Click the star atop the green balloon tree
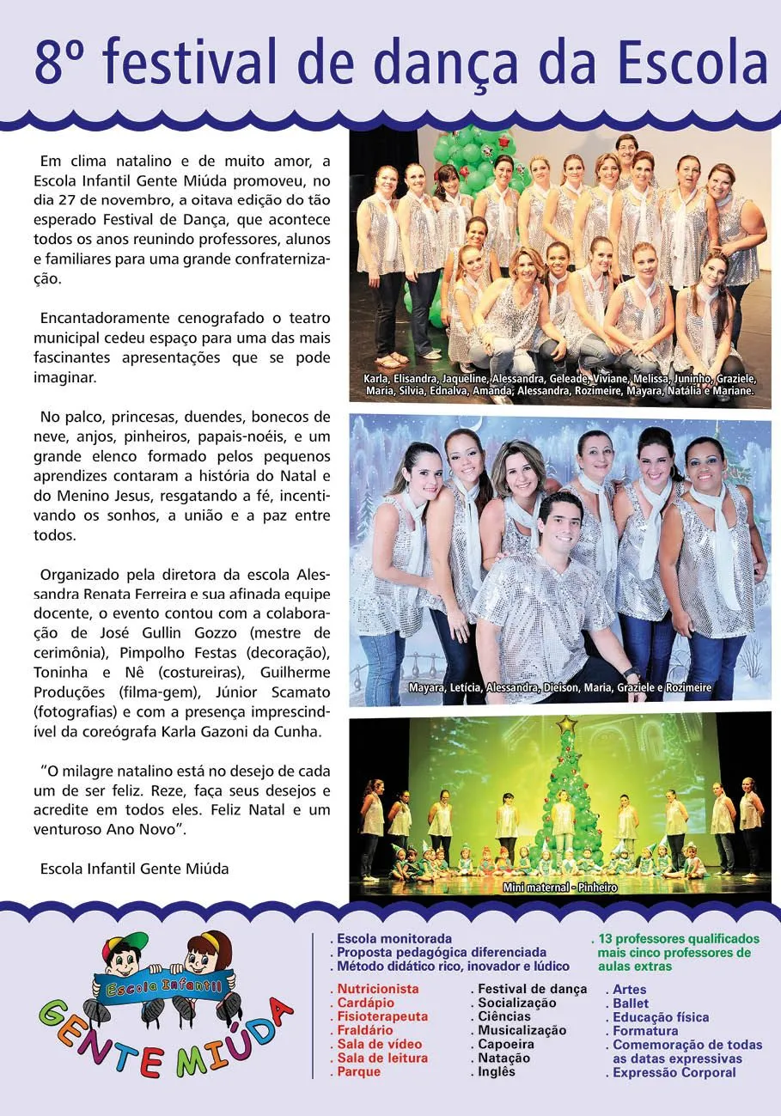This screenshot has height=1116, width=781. click(566, 725)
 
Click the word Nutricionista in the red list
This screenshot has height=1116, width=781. click(377, 989)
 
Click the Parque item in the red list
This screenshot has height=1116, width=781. click(358, 1072)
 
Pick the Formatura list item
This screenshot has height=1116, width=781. click(644, 1031)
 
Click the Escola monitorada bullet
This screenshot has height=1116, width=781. click(394, 939)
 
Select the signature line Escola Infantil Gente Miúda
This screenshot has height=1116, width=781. click(134, 869)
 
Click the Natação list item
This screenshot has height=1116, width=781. click(503, 1058)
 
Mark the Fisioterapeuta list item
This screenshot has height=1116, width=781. click(381, 1017)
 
